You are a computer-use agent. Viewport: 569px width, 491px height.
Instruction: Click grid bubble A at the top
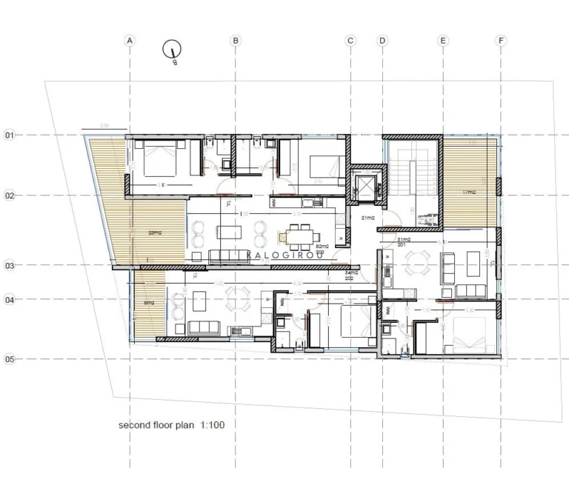click(x=130, y=41)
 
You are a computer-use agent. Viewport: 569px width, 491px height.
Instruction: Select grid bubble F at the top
click(x=502, y=41)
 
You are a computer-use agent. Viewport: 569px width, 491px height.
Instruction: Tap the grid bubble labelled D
click(x=383, y=41)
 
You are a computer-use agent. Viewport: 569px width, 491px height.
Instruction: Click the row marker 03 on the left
click(x=10, y=264)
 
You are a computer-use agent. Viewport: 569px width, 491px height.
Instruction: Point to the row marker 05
click(x=10, y=359)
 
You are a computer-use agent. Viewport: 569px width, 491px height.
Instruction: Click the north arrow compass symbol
click(x=173, y=50)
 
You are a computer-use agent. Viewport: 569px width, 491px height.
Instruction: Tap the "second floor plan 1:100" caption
click(x=171, y=426)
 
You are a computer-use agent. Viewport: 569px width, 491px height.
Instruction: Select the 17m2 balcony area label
click(x=470, y=193)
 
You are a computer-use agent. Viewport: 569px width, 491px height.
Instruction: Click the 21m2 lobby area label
click(x=367, y=218)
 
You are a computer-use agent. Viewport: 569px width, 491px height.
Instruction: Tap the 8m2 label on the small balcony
click(x=148, y=302)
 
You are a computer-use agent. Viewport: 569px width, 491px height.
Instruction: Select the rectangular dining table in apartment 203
click(x=299, y=237)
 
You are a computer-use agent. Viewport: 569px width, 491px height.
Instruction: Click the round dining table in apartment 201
click(x=420, y=262)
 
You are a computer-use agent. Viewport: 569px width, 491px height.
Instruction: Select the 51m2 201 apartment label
click(x=404, y=243)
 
